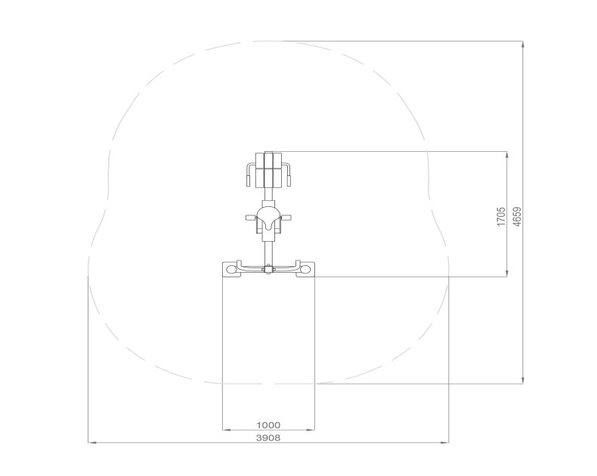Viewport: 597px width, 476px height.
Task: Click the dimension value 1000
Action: (268, 425)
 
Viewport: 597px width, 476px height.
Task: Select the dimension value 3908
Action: (268, 438)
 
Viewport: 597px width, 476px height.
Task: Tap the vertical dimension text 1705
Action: (501, 217)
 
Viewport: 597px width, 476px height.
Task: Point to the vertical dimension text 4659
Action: (517, 217)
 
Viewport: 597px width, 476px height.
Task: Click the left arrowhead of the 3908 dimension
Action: (91, 443)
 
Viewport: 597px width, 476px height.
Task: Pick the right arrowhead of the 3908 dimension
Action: (445, 443)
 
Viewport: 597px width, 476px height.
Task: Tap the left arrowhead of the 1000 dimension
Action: (226, 430)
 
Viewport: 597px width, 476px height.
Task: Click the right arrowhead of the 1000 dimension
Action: (311, 430)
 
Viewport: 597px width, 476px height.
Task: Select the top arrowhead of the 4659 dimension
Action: (523, 45)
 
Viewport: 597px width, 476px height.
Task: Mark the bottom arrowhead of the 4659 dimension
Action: (523, 380)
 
